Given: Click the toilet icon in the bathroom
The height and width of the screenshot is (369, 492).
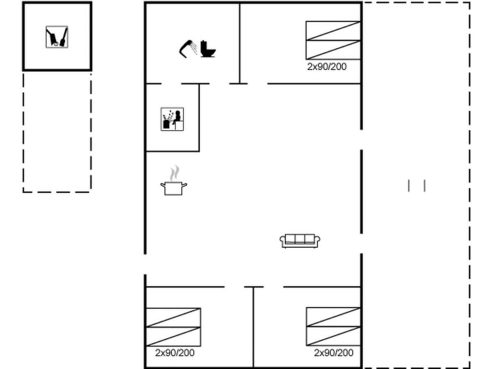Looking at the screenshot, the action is coord(207,49).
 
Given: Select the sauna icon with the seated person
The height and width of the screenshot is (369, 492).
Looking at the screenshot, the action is coord(172,119).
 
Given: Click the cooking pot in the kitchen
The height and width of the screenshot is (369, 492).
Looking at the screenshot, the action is coord(174,188).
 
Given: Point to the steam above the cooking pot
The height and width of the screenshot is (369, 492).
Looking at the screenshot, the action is coord(174,173).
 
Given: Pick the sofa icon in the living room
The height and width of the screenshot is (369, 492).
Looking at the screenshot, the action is coord(300,241).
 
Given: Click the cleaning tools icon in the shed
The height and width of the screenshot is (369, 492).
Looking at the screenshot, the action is coord(57,37).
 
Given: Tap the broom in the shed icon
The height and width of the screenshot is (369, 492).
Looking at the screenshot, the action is coord(64,37).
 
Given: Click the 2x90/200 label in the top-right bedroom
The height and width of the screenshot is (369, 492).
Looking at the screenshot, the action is coord(327,67).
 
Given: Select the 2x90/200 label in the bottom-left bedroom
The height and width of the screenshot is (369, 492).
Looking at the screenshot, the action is coord(175,353).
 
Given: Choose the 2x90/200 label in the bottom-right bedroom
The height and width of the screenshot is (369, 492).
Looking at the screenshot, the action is coord(334,353).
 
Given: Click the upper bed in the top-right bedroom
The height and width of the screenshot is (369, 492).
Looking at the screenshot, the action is coord(333,31).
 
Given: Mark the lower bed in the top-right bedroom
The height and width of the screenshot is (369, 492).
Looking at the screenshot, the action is coord(333,50).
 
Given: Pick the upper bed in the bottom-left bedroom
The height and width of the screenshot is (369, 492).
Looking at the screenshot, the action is coord(173,317).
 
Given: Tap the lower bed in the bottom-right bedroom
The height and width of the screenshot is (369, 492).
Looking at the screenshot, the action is coord(333,336).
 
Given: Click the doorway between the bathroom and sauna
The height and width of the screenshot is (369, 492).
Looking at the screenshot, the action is coord(171,84).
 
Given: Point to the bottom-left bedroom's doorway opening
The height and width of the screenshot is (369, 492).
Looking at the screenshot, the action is coord(234,287).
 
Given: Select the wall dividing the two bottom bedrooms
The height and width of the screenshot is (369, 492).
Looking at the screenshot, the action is coord(253,327).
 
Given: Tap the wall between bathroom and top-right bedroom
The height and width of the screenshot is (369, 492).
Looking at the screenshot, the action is coord(239,43).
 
